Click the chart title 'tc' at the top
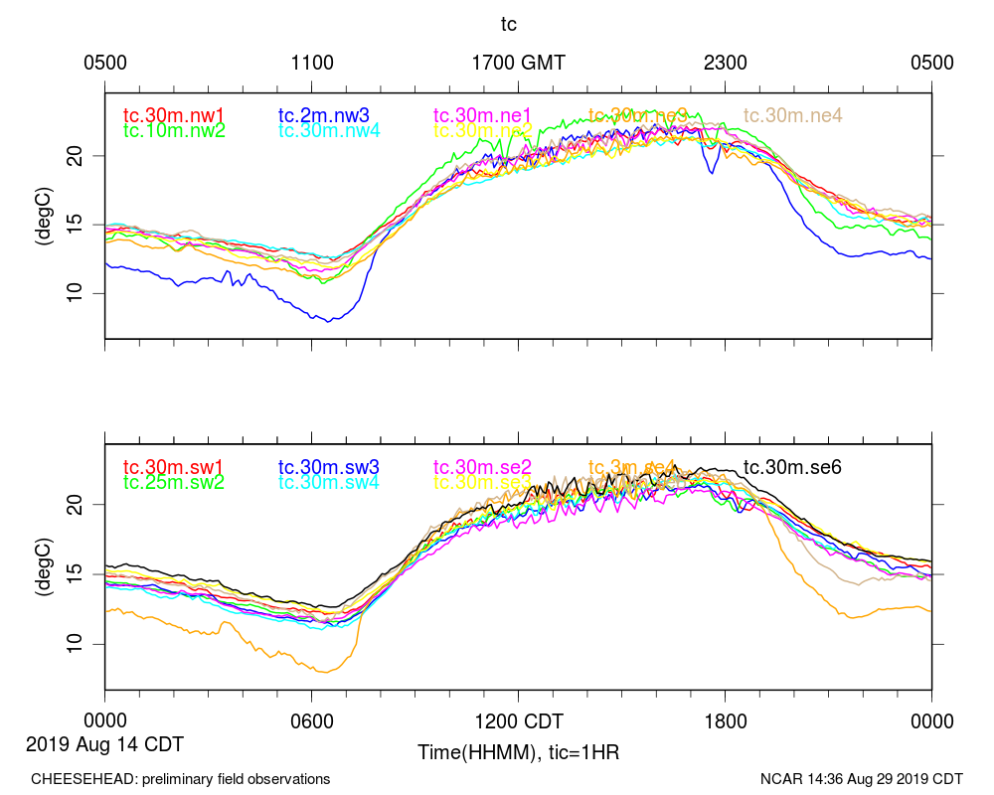pyautogui.click(x=508, y=23)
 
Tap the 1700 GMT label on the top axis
pyautogui.click(x=518, y=63)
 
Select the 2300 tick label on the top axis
pyautogui.click(x=725, y=63)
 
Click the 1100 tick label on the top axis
pyautogui.click(x=311, y=63)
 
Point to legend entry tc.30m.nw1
pyautogui.click(x=174, y=115)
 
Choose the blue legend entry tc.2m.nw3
pyautogui.click(x=325, y=115)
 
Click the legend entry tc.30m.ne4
pyautogui.click(x=793, y=115)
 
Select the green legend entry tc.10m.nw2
pyautogui.click(x=174, y=130)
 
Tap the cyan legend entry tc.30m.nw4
pyautogui.click(x=329, y=130)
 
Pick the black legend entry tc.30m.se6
pyautogui.click(x=793, y=466)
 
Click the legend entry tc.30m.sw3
pyautogui.click(x=329, y=466)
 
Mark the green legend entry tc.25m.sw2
pyautogui.click(x=174, y=482)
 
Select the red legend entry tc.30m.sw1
pyautogui.click(x=174, y=466)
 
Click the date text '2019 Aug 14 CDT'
pyautogui.click(x=104, y=743)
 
